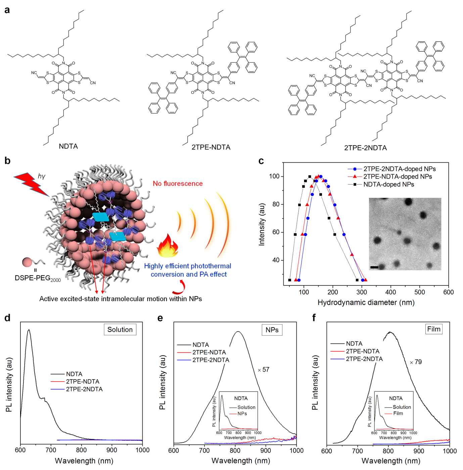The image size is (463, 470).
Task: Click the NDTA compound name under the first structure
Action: [68, 146]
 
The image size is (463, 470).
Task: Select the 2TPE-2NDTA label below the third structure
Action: [365, 148]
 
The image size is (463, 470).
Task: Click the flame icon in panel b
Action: [168, 246]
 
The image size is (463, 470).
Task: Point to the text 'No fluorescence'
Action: [178, 184]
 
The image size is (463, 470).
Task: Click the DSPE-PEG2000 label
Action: [38, 278]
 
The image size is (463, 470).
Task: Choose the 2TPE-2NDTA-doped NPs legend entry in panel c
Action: [399, 169]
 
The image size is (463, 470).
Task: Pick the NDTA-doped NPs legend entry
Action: [388, 184]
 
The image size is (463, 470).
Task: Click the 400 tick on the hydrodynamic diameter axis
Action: [390, 292]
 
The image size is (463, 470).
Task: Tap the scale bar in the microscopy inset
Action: [374, 267]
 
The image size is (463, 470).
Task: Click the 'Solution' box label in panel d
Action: [120, 329]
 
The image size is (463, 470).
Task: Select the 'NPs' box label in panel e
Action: [272, 330]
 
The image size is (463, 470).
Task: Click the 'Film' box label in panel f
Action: [433, 329]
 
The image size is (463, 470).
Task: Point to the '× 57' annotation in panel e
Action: [264, 370]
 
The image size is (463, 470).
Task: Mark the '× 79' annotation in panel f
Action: [416, 362]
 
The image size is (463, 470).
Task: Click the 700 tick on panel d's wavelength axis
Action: [51, 450]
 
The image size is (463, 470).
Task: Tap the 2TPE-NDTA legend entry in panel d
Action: [83, 382]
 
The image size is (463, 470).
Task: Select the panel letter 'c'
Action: [261, 161]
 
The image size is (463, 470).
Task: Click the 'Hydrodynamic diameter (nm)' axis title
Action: [366, 303]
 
